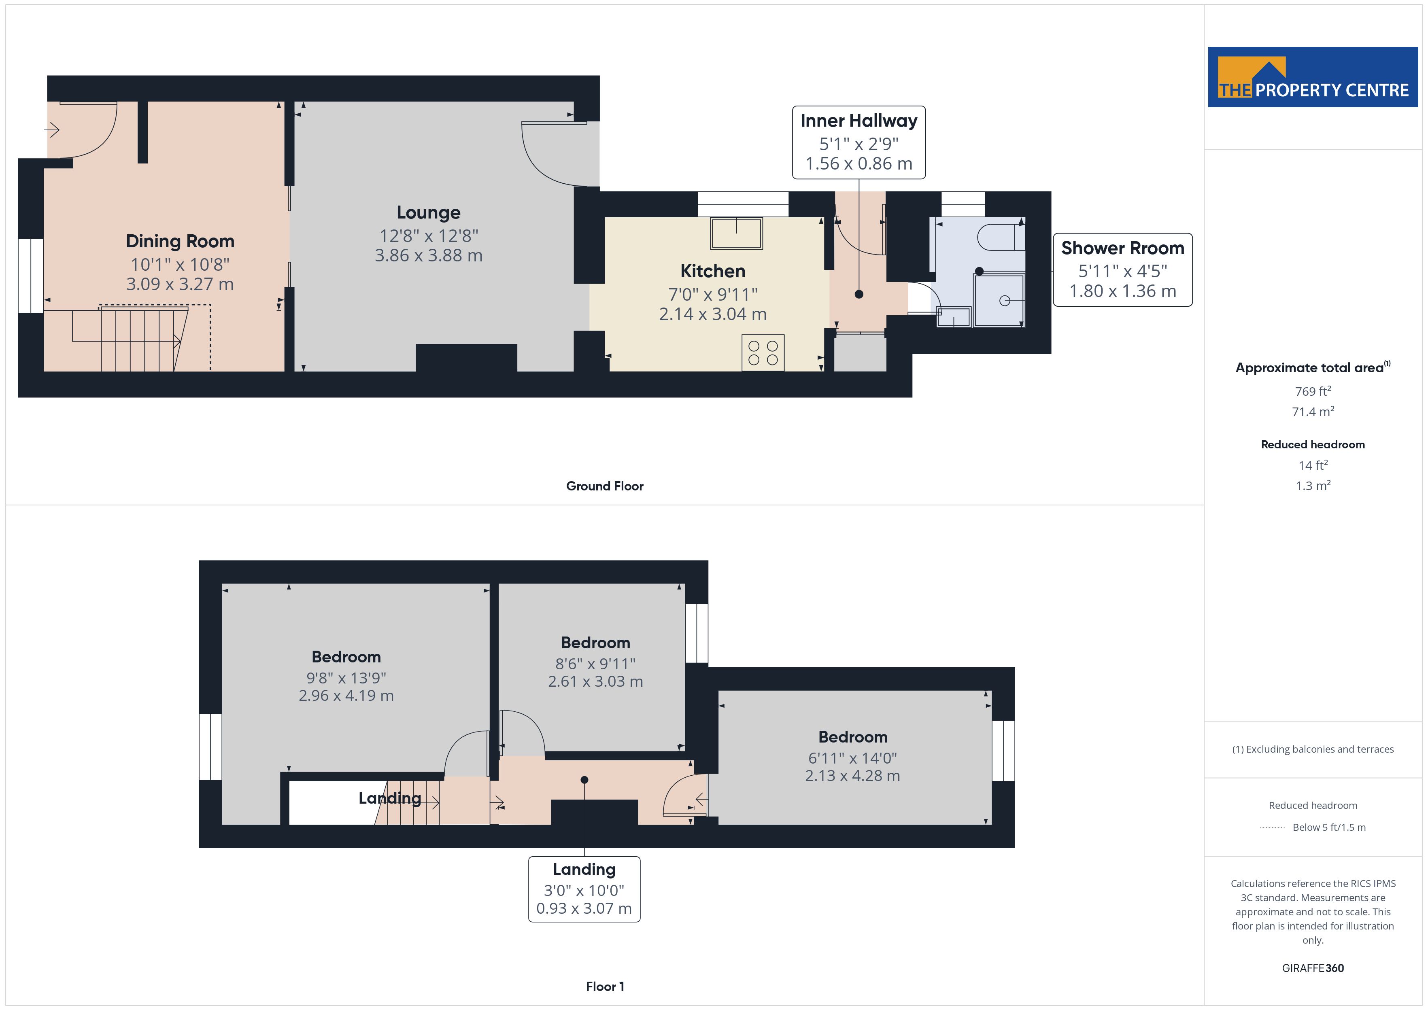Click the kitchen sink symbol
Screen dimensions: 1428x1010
click(736, 233)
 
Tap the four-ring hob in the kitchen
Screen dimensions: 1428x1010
click(763, 352)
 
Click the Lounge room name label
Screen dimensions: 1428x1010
click(429, 213)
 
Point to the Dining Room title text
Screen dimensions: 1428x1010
click(180, 241)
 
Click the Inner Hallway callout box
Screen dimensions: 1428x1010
click(859, 142)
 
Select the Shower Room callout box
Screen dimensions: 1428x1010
click(1123, 270)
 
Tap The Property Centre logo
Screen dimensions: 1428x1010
click(1313, 77)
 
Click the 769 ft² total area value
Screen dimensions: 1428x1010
click(1313, 391)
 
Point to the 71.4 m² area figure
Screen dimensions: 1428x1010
click(1313, 412)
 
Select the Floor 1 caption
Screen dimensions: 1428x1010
click(605, 987)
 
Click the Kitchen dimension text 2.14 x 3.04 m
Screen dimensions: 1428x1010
click(713, 314)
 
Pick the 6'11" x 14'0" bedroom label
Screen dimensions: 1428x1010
click(853, 758)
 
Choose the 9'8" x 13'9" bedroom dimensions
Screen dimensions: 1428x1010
click(346, 678)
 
